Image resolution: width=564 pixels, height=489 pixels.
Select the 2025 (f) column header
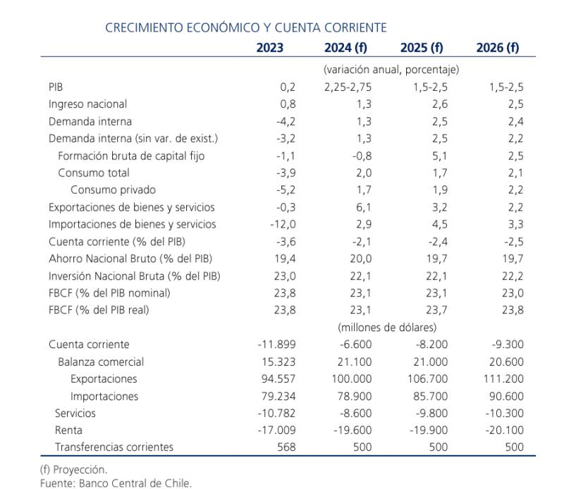tap(421, 48)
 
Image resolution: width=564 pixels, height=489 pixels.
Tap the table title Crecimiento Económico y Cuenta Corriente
tap(245, 27)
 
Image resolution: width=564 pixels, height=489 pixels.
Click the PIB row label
tap(56, 87)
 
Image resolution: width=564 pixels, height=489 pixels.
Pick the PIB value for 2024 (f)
tap(348, 87)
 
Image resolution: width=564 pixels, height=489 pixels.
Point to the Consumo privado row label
tap(113, 190)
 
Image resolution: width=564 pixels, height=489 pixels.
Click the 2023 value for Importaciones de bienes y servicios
tap(278, 224)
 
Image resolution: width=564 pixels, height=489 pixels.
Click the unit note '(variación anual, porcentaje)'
tap(391, 70)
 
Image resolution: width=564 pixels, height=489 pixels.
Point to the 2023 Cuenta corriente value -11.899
tap(276, 345)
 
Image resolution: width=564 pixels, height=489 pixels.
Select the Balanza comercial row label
tap(101, 361)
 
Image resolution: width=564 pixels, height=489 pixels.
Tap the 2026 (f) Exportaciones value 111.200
tap(504, 378)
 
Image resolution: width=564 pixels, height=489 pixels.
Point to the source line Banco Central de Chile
tap(116, 483)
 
